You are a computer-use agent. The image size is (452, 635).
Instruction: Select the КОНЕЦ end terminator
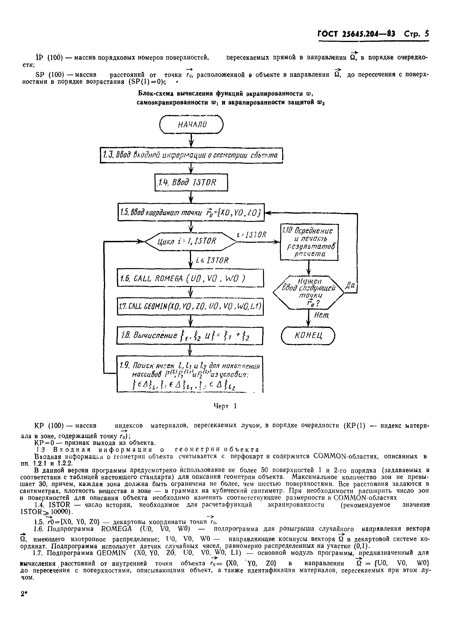pyautogui.click(x=308, y=336)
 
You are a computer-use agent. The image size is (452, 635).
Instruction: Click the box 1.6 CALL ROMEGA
pyautogui.click(x=190, y=278)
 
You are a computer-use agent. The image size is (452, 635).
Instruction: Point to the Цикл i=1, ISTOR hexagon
pyautogui.click(x=191, y=241)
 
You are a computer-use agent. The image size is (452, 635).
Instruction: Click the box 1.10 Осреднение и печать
pyautogui.click(x=309, y=242)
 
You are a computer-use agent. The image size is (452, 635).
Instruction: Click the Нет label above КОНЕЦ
pyautogui.click(x=322, y=315)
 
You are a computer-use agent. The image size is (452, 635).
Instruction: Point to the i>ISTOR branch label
pyautogui.click(x=251, y=235)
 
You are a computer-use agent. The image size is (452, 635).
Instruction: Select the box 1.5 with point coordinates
pyautogui.click(x=191, y=213)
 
